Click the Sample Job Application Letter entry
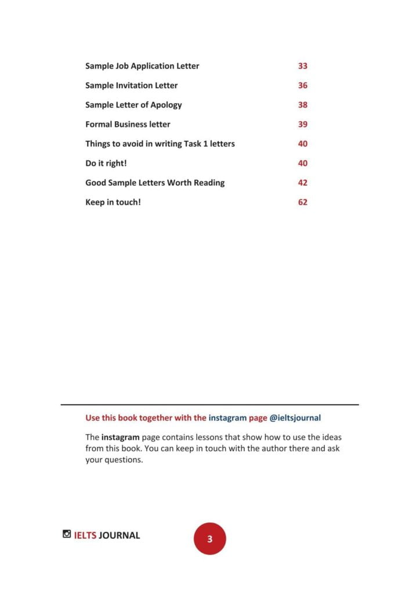coord(142,66)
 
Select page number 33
coord(302,66)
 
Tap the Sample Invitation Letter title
coord(131,85)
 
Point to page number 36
coord(302,85)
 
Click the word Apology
coord(166,105)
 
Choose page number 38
coord(302,105)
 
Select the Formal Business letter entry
coord(128,124)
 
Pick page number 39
coord(302,124)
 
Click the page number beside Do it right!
coord(302,163)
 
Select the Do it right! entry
coord(106,163)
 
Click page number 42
coord(302,183)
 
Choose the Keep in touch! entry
coord(113,202)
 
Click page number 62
coord(302,202)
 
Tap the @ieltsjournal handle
coord(295,418)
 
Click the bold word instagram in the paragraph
coord(120,437)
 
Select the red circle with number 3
coord(209,539)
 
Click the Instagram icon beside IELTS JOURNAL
coord(67,534)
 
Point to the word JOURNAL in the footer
coord(119,535)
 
